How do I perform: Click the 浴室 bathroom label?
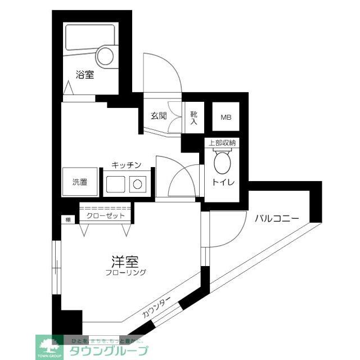pos(85,74)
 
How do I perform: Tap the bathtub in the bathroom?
pos(90,39)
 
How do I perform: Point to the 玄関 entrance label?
pos(159,116)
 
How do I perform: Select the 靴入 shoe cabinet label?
pos(194,117)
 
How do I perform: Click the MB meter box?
pos(226,118)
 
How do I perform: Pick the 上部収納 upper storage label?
pos(222,143)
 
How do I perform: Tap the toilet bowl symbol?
pos(222,164)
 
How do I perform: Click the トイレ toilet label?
pos(222,183)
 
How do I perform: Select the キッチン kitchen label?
pos(125,165)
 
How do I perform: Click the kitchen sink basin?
pos(116,183)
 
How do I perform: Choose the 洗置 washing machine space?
pos(80,182)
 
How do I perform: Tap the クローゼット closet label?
pos(105,215)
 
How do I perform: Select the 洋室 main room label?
pos(124,261)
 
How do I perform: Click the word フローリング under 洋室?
pos(125,273)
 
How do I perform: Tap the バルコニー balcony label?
pos(275,219)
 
